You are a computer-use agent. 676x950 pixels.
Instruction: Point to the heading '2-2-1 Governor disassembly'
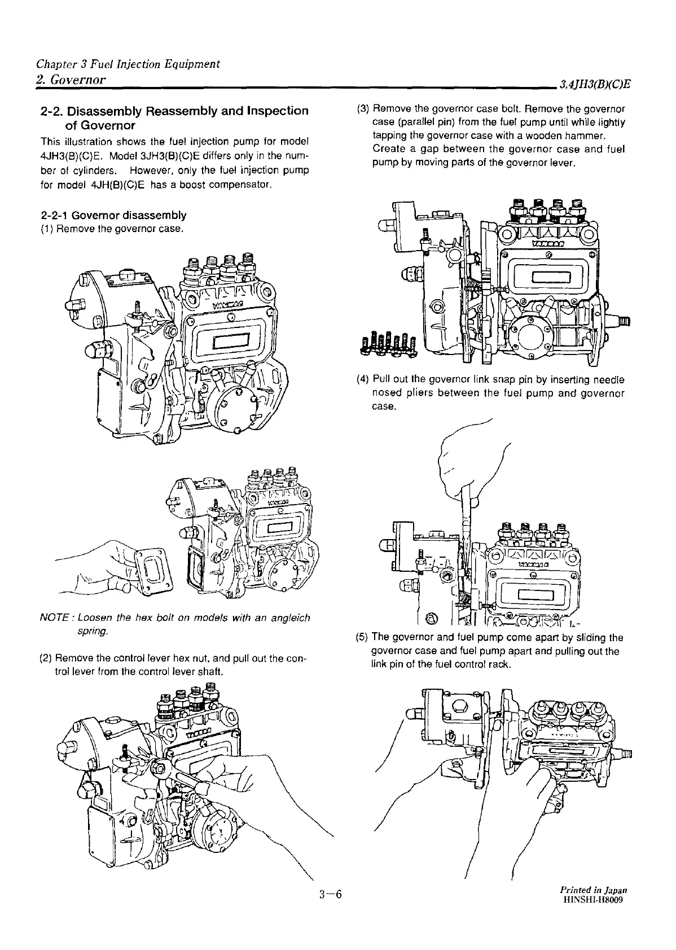(x=113, y=215)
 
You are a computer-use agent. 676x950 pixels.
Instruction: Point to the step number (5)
(x=363, y=637)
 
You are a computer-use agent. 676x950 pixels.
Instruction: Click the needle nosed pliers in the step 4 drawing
(x=466, y=508)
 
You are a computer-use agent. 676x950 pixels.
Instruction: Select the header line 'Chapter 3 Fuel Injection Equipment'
(x=128, y=64)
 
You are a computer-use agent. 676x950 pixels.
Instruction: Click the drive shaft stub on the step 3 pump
(x=623, y=321)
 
